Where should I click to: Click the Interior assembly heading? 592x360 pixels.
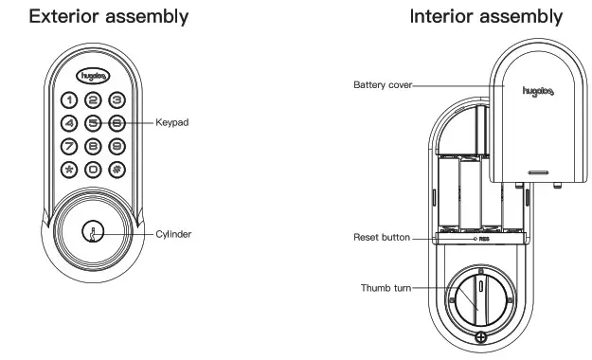[486, 17]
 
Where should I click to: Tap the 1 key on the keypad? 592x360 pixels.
[70, 99]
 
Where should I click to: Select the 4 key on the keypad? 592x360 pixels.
[70, 123]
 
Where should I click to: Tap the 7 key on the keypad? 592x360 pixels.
[70, 147]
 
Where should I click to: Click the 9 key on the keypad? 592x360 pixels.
[116, 147]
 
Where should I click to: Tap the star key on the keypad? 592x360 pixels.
[70, 171]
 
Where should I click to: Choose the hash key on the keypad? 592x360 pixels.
[116, 171]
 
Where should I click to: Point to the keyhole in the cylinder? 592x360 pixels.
[93, 232]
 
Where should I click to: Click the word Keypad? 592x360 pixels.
[173, 123]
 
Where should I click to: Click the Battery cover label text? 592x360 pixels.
[382, 83]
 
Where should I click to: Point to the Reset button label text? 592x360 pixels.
[381, 237]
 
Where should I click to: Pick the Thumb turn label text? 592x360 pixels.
[386, 287]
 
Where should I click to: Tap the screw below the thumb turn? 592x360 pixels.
[481, 338]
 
